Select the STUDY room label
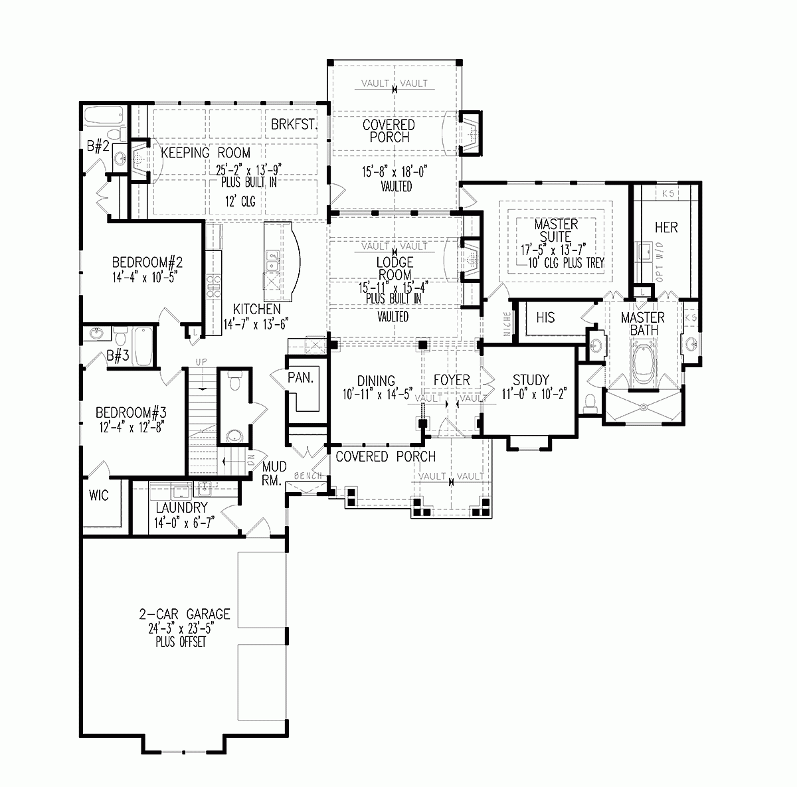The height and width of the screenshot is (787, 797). [531, 380]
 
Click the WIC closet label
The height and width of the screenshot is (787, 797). [99, 495]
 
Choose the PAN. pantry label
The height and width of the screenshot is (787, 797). [300, 377]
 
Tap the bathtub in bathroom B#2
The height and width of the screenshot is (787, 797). [102, 117]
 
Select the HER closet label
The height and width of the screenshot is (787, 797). [665, 228]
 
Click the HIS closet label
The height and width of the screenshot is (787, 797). [545, 318]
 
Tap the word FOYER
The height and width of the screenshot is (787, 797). [452, 381]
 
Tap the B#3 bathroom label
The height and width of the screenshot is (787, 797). [118, 357]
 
